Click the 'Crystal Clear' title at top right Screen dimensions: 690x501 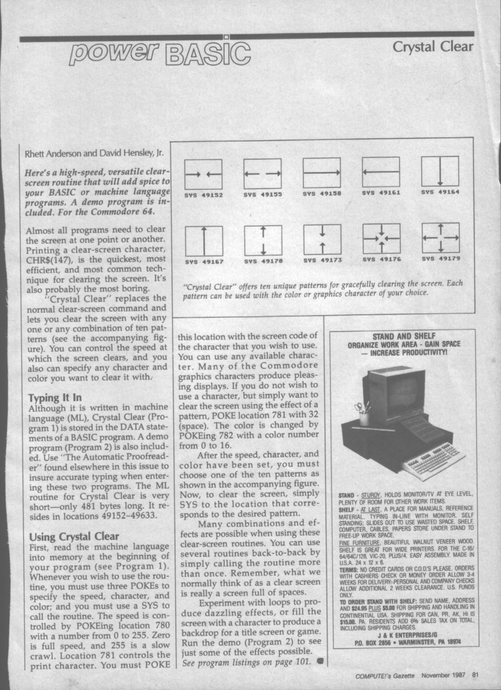(432, 47)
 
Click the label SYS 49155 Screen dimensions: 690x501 (262, 195)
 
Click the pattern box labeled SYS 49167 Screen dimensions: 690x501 (204, 240)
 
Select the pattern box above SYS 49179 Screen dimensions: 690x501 (440, 238)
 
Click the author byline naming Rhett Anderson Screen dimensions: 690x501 (86, 150)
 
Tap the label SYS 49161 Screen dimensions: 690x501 (381, 194)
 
